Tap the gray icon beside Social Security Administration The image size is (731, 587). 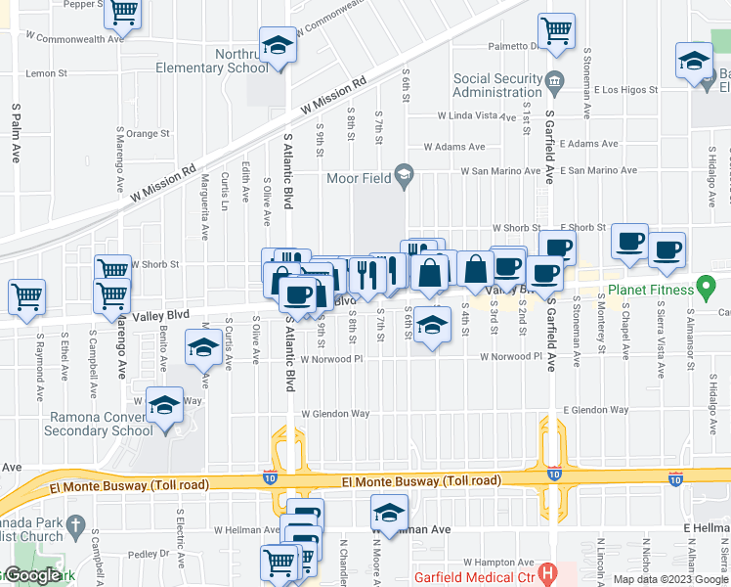555,80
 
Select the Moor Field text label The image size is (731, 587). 359,177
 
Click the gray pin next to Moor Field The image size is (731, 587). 403,176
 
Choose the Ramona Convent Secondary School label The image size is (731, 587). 101,423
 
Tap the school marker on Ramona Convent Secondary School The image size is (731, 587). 164,403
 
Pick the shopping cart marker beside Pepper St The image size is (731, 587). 123,13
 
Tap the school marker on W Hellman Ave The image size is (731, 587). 389,512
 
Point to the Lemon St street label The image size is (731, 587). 47,73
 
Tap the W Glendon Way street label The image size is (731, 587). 335,413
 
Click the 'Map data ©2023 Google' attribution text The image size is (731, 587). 669,579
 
